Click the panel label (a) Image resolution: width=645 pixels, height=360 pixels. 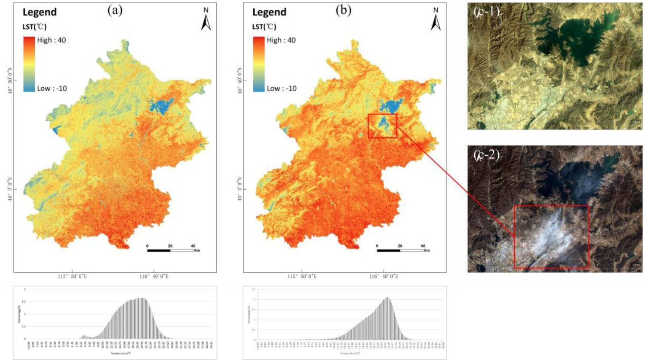(x=115, y=11)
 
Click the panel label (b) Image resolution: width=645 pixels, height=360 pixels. (x=344, y=11)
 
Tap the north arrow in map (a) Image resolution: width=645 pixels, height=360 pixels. (x=206, y=20)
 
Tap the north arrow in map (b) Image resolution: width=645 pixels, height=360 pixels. (x=436, y=20)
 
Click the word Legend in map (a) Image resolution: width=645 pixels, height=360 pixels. (x=40, y=12)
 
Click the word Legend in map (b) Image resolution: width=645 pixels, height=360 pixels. (x=269, y=12)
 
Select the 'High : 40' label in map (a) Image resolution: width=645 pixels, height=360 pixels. (x=52, y=40)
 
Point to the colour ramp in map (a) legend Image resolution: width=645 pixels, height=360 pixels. (x=29, y=64)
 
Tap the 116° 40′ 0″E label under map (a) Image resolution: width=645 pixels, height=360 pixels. (x=154, y=277)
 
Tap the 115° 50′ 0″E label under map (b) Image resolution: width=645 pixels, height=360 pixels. (x=302, y=277)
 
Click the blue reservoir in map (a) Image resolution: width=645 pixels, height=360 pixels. (x=161, y=105)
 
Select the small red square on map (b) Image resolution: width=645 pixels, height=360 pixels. (x=382, y=126)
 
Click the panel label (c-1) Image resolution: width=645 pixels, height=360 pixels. (x=486, y=12)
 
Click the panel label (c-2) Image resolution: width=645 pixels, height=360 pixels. (x=486, y=154)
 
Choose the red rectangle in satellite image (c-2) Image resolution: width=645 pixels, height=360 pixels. (x=551, y=237)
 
